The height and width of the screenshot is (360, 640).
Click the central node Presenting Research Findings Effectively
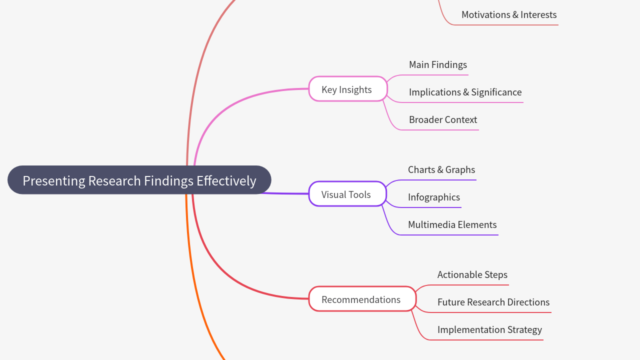coord(139,180)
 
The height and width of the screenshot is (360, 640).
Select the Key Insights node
coord(347,89)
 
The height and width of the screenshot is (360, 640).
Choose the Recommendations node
coord(361,299)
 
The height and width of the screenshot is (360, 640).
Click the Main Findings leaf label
coord(438,64)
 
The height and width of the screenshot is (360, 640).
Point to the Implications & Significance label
coord(465,92)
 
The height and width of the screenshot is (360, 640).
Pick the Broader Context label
coord(443,119)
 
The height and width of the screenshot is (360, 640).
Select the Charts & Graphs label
coord(441,169)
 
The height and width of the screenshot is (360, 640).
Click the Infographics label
coord(434,197)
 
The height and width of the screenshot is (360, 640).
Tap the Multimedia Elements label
coord(452,224)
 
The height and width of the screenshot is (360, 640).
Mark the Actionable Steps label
coord(472,274)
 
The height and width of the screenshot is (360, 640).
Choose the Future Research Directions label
coord(493,302)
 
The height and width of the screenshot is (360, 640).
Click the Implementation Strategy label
coord(489,329)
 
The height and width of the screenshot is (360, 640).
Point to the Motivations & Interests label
coord(509,14)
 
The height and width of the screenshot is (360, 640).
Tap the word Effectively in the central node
coord(226,180)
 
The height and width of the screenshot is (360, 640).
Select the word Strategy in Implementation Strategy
coord(523,330)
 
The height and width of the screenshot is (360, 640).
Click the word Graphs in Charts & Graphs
coord(460,170)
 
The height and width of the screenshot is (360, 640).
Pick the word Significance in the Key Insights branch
coord(496,92)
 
